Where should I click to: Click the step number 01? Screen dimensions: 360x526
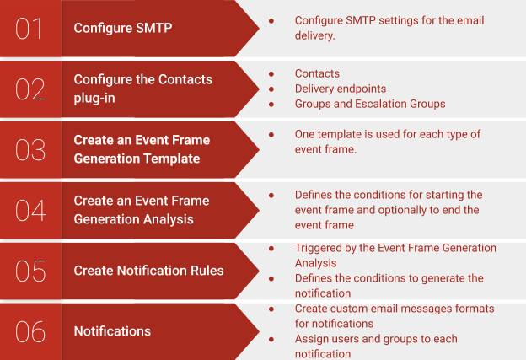coord(30,29)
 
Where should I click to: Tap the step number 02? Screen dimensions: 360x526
coord(30,89)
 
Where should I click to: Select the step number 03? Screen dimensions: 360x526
coord(30,149)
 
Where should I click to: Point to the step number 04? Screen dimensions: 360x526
coord(30,210)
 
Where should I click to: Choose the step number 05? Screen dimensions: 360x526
coord(30,271)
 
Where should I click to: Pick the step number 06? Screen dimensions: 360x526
coord(30,331)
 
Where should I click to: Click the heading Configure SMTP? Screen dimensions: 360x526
coord(123,28)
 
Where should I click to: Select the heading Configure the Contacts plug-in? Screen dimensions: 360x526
coord(142,89)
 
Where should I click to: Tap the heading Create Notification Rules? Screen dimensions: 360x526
coord(148,271)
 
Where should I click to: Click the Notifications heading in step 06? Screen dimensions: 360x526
coord(112,331)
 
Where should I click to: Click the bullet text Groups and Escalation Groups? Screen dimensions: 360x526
coord(370,104)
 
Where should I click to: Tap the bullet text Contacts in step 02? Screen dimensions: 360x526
coord(317,73)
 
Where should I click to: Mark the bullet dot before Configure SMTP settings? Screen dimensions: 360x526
coord(271,19)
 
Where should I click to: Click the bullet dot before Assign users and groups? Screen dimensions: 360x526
coord(271,339)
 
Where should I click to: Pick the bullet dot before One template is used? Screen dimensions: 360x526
coord(271,134)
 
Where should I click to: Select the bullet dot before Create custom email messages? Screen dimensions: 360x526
coord(271,309)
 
